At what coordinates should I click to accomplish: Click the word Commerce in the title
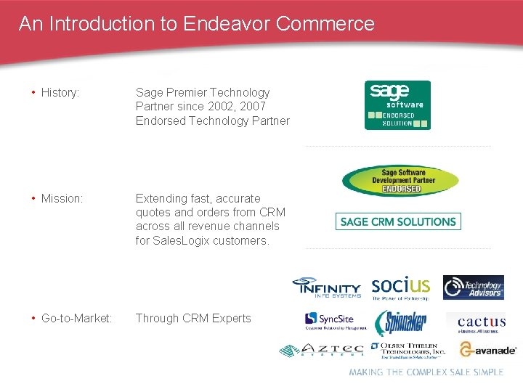click(325, 23)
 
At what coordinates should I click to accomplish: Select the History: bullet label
click(60, 92)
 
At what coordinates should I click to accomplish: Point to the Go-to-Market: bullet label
click(76, 318)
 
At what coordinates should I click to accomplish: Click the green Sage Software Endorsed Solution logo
click(397, 105)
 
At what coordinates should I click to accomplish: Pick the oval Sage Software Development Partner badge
click(400, 181)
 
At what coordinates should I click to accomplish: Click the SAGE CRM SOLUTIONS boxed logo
click(398, 221)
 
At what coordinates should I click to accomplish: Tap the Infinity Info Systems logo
click(326, 287)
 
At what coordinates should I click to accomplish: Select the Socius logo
click(400, 287)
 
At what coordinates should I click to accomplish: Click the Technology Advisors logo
click(474, 287)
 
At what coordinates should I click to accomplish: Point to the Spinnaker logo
click(400, 322)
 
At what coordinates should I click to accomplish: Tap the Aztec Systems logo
click(321, 350)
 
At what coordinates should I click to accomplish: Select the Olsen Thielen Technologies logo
click(407, 350)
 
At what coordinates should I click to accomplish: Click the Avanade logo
click(487, 350)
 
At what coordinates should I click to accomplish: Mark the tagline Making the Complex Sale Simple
click(426, 372)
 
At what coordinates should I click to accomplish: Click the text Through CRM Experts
click(193, 318)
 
